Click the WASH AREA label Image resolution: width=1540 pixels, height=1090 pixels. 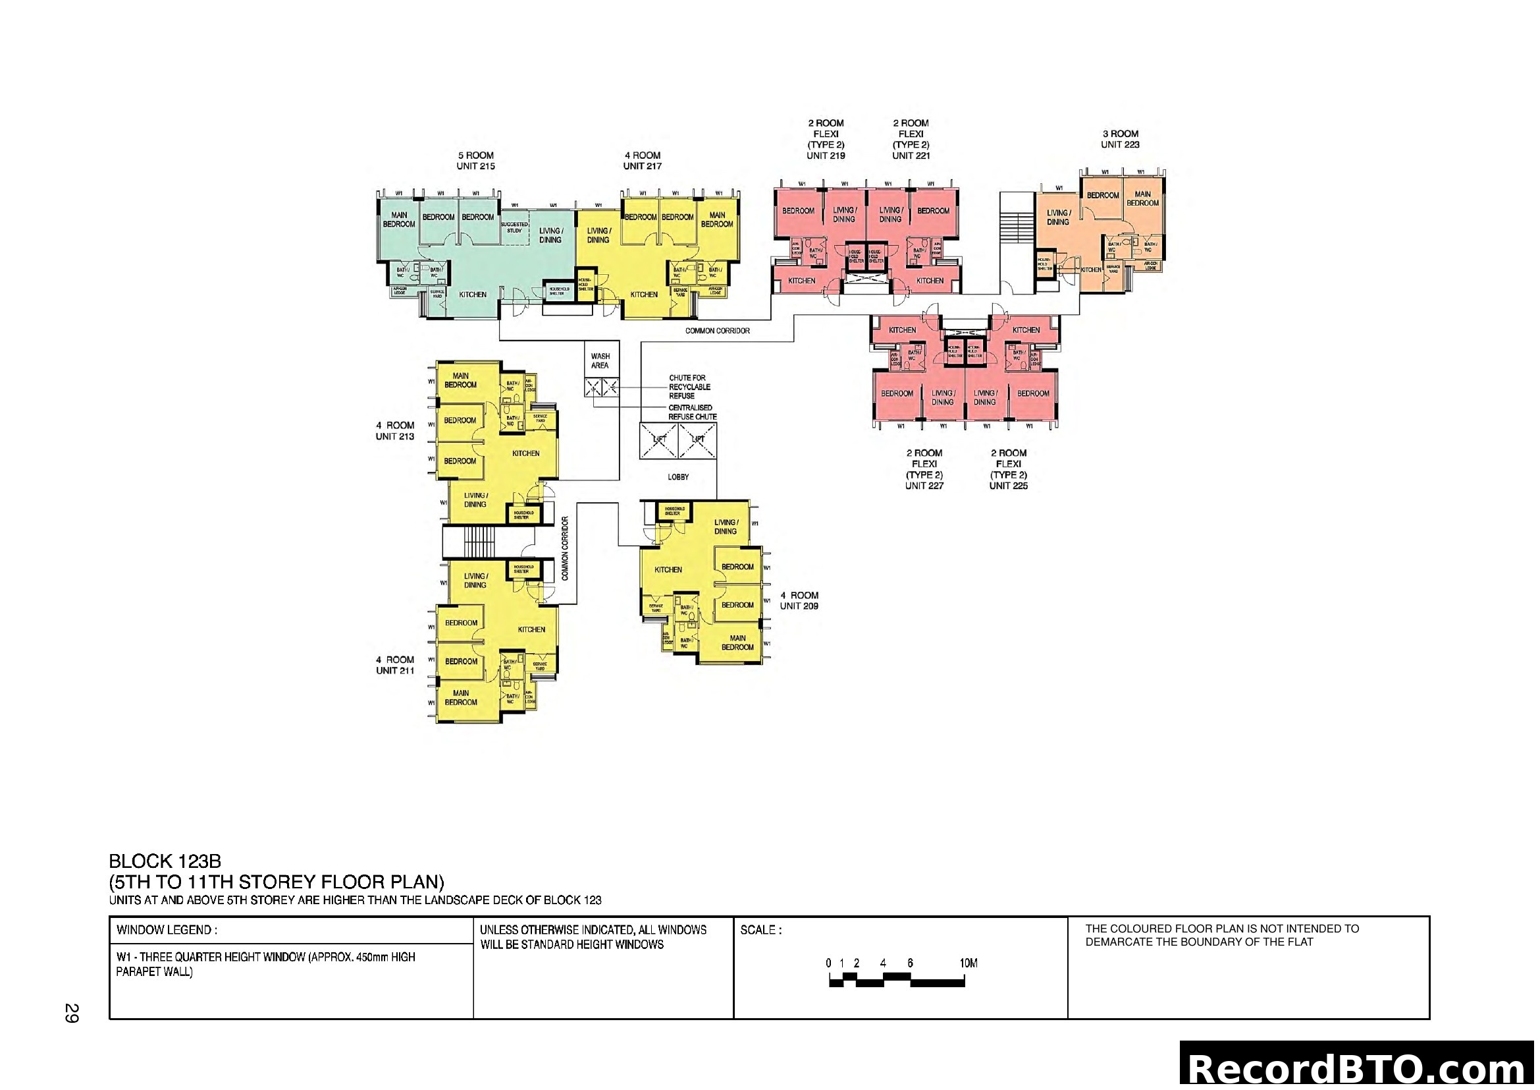pyautogui.click(x=600, y=361)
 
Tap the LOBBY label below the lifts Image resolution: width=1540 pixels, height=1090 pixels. pyautogui.click(x=678, y=477)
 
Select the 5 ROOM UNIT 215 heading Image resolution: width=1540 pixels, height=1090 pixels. pyautogui.click(x=475, y=160)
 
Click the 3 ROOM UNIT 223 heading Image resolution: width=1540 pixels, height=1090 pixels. pyautogui.click(x=1119, y=139)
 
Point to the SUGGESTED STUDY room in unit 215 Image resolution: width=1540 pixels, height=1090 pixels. pyautogui.click(x=514, y=227)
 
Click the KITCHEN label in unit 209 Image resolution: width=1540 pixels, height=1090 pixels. pyautogui.click(x=668, y=570)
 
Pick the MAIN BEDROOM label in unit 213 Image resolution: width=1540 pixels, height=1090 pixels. pyautogui.click(x=460, y=380)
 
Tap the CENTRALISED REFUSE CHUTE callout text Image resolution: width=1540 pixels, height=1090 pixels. pyautogui.click(x=691, y=412)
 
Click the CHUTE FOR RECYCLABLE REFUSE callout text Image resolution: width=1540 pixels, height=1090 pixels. pyautogui.click(x=689, y=387)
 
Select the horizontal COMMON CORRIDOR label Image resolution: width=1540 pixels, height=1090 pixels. pyautogui.click(x=717, y=331)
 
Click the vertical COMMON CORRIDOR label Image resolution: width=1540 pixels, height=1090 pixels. pyautogui.click(x=565, y=548)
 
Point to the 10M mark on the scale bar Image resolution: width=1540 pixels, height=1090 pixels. pyautogui.click(x=968, y=963)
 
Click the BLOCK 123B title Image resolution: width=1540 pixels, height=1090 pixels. pyautogui.click(x=165, y=861)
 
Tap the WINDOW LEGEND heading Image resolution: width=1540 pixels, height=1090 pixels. pyautogui.click(x=167, y=931)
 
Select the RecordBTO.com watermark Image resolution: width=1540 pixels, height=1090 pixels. pyautogui.click(x=1359, y=1068)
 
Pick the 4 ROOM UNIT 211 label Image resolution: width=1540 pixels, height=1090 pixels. pyautogui.click(x=395, y=665)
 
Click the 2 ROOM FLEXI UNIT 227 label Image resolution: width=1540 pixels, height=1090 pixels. pyautogui.click(x=924, y=469)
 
